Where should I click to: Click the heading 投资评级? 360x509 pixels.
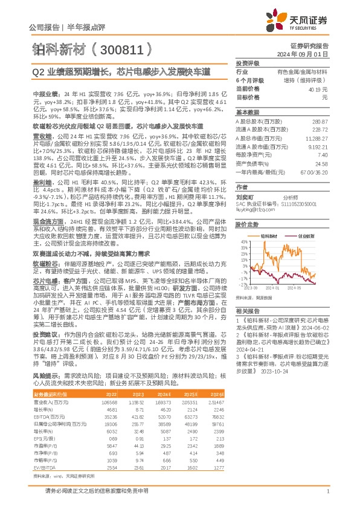pyautogui.click(x=247, y=63)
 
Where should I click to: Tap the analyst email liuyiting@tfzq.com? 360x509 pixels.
pyautogui.click(x=256, y=210)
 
